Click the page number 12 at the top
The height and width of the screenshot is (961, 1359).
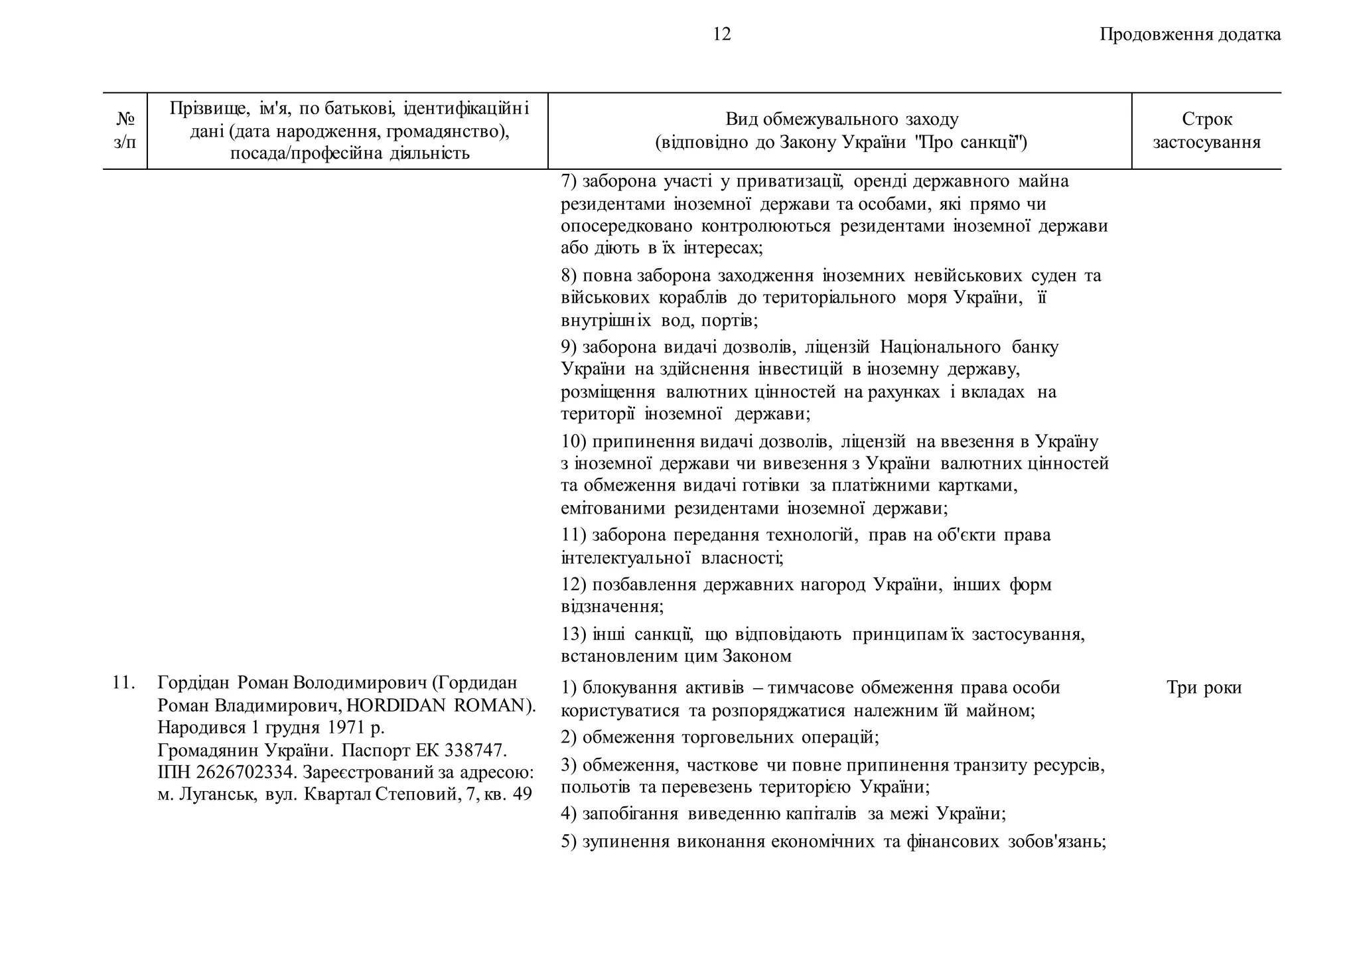pyautogui.click(x=721, y=35)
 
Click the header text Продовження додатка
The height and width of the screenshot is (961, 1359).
pyautogui.click(x=1190, y=35)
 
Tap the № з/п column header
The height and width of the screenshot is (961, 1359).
pyautogui.click(x=125, y=131)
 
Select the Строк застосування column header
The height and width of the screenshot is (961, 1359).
pyautogui.click(x=1206, y=131)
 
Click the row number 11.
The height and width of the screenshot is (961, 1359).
pyautogui.click(x=123, y=682)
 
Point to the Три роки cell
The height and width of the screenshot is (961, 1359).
pyautogui.click(x=1203, y=688)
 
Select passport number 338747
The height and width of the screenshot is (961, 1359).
pyautogui.click(x=474, y=750)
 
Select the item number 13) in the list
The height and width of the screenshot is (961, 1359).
pyautogui.click(x=573, y=634)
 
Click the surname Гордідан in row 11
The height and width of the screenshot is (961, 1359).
pyautogui.click(x=193, y=682)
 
